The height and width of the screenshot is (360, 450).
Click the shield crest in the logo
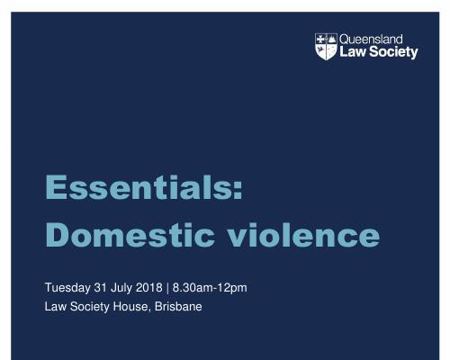pos(326,47)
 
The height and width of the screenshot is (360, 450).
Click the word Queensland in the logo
pos(371,40)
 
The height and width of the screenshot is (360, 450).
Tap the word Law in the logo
pos(353,51)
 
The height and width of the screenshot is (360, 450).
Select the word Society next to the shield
pos(393,52)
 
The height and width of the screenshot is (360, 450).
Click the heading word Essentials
pos(139,187)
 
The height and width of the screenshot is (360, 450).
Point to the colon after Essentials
pos(238,191)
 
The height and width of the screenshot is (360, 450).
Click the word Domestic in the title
pos(130,235)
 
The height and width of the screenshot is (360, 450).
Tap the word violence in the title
pos(303,235)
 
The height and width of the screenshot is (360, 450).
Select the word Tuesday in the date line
pos(67,288)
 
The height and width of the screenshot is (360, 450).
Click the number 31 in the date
pos(101,287)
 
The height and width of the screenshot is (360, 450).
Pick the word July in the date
pos(121,288)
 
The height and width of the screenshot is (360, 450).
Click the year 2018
pos(149,287)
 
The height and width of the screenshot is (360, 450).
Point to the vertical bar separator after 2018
pos(167,288)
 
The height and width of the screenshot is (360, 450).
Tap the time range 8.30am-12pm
pos(210,288)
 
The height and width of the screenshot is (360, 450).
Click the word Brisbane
pos(178,307)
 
